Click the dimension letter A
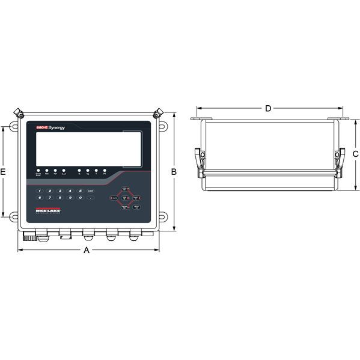(x=87, y=251)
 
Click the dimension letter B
(x=174, y=171)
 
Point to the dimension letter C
(x=355, y=154)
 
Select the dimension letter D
(x=268, y=108)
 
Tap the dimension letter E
(x=4, y=172)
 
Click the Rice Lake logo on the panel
(x=49, y=212)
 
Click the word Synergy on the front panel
(x=61, y=127)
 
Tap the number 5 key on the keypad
(x=80, y=191)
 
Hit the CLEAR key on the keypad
(x=91, y=191)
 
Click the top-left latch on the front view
(x=19, y=112)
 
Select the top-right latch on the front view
(x=158, y=112)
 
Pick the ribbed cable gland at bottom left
(x=28, y=236)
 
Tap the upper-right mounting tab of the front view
(x=163, y=127)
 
